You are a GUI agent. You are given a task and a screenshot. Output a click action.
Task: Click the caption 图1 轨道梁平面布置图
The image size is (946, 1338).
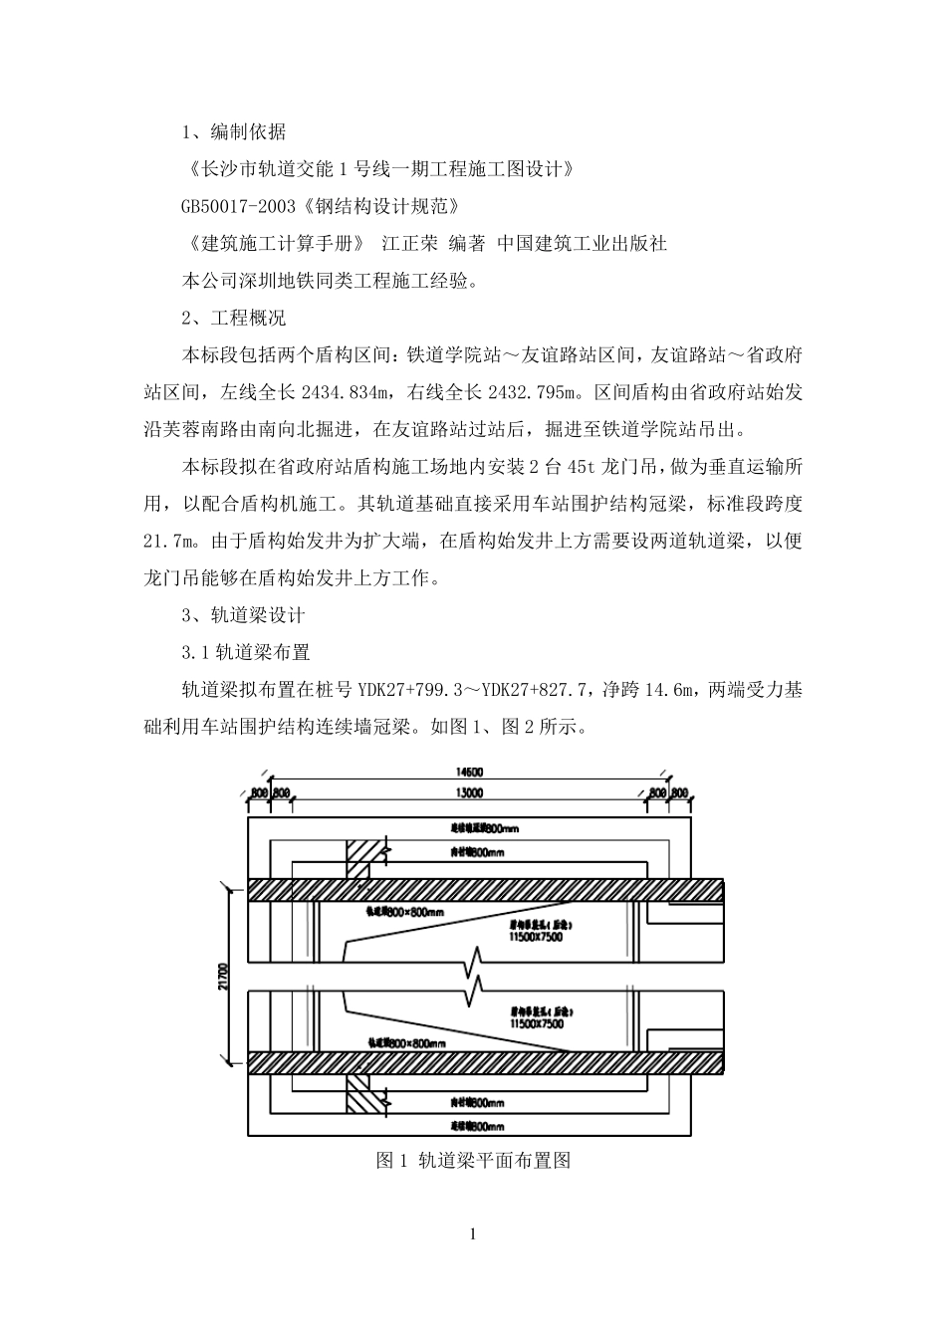tap(473, 1161)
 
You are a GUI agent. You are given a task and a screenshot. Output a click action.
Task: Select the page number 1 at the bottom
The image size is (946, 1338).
tap(473, 1235)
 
